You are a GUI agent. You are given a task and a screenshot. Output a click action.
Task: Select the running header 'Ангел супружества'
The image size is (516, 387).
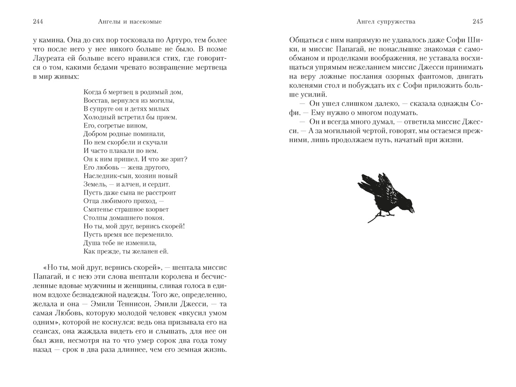click(x=379, y=22)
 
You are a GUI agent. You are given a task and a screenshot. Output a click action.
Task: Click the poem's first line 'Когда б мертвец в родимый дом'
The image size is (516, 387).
click(x=133, y=92)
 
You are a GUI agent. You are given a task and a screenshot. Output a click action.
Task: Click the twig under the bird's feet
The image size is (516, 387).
click(x=375, y=218)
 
